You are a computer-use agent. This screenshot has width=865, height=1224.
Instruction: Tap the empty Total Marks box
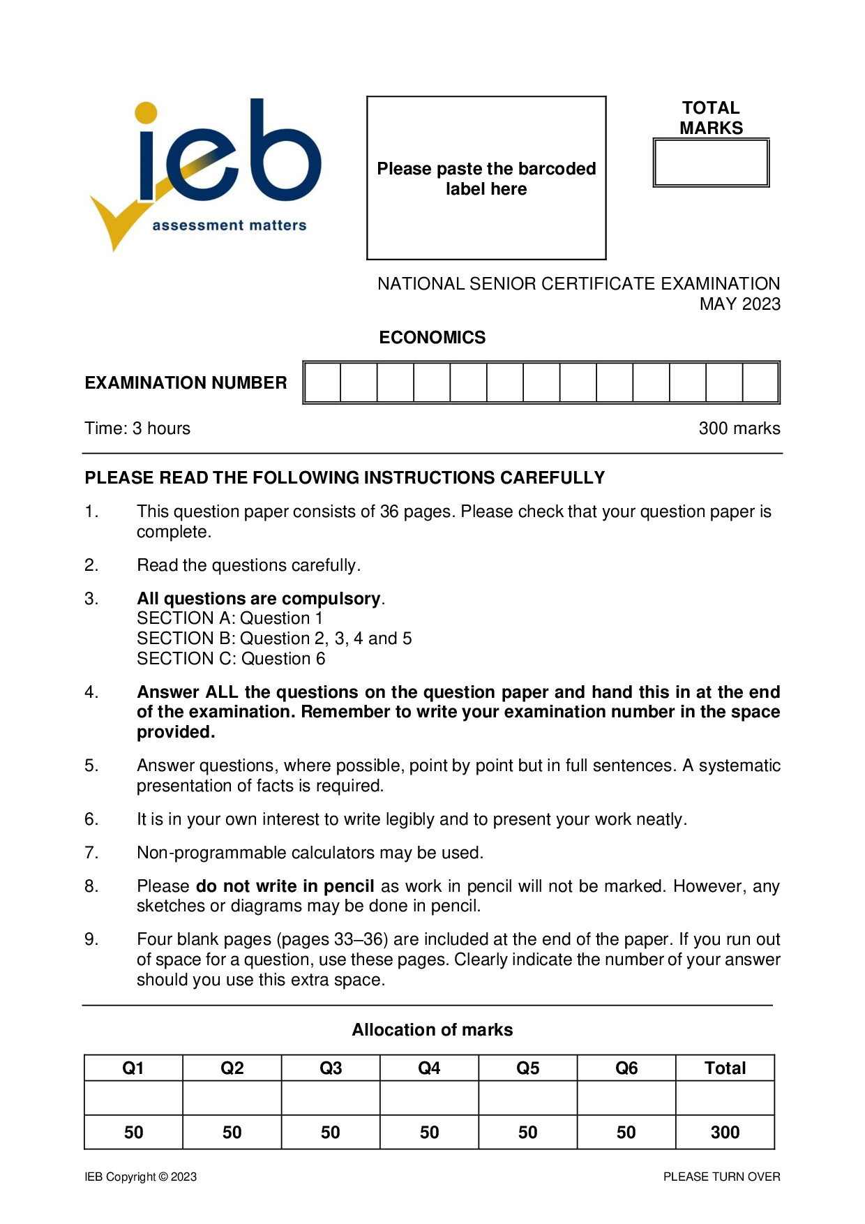point(711,163)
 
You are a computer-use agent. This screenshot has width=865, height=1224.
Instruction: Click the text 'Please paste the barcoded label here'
point(486,179)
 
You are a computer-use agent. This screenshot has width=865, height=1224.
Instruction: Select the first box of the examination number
point(323,382)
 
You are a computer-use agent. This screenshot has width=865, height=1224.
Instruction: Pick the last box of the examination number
point(760,382)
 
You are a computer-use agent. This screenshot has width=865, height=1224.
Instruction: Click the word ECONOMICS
point(432,337)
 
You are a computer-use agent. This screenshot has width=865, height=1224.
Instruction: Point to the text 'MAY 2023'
point(739,304)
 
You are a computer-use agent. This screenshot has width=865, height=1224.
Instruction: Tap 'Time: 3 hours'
point(137,428)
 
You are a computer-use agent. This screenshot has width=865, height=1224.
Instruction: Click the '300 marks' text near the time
point(739,428)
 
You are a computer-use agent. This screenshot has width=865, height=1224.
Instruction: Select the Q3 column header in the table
point(331,1068)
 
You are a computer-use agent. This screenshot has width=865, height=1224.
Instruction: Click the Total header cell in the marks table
point(725,1068)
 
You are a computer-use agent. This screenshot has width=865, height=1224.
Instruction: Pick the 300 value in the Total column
point(725,1132)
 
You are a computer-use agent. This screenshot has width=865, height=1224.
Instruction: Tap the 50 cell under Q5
point(527,1132)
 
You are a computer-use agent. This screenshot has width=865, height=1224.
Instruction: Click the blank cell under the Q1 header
point(133,1098)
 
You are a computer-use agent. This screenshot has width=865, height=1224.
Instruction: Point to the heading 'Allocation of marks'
point(432,1029)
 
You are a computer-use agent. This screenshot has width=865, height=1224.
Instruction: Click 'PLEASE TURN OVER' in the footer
point(721,1177)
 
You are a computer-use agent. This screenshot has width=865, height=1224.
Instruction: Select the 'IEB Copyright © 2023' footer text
point(140,1177)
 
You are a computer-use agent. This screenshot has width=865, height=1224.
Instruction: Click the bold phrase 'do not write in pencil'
point(285,886)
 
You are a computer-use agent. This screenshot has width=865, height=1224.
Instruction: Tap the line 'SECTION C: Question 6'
point(231,658)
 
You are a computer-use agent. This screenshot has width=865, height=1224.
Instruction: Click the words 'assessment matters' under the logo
point(230,225)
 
